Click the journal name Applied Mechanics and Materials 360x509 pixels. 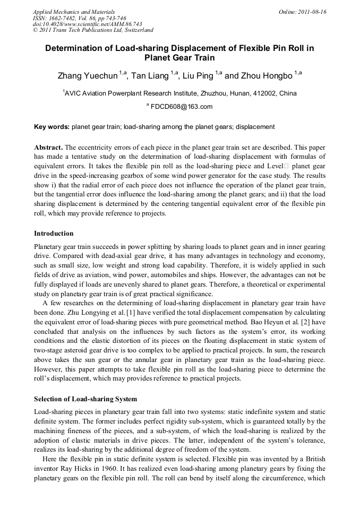tap(73, 11)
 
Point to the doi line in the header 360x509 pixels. tap(87, 24)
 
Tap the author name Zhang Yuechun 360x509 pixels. tap(88, 75)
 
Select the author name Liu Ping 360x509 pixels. tap(198, 75)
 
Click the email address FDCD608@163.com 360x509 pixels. tap(182, 106)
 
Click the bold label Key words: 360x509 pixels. tap(52, 127)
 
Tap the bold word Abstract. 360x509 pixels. tap(48, 146)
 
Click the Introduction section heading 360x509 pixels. tap(54, 233)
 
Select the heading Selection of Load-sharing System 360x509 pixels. tap(85, 399)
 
